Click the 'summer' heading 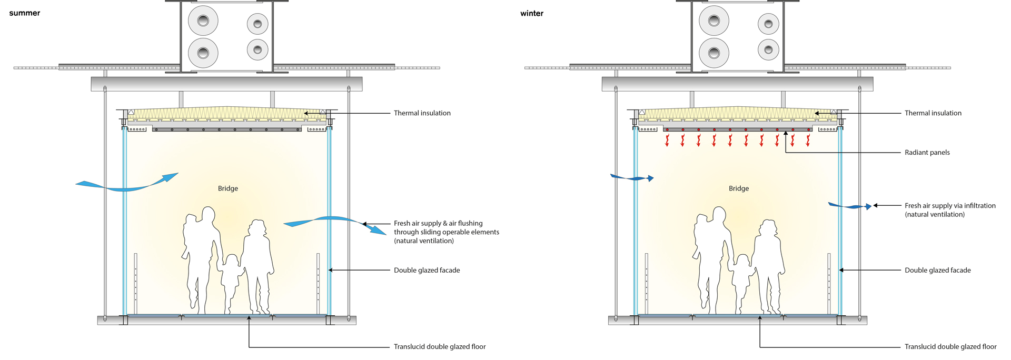[x=24, y=13]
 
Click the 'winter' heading [x=531, y=14]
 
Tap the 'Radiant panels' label [x=927, y=153]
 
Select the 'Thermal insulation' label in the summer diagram [x=422, y=113]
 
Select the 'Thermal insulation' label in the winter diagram [x=933, y=113]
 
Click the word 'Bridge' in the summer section [x=228, y=188]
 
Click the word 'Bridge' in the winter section [x=738, y=188]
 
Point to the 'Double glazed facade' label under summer [x=427, y=271]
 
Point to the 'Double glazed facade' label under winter [x=937, y=271]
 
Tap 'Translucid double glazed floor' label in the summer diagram [x=439, y=347]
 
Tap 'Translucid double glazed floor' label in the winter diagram [x=950, y=347]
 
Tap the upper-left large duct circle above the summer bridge [x=203, y=21]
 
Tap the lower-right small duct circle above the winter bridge [x=768, y=50]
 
